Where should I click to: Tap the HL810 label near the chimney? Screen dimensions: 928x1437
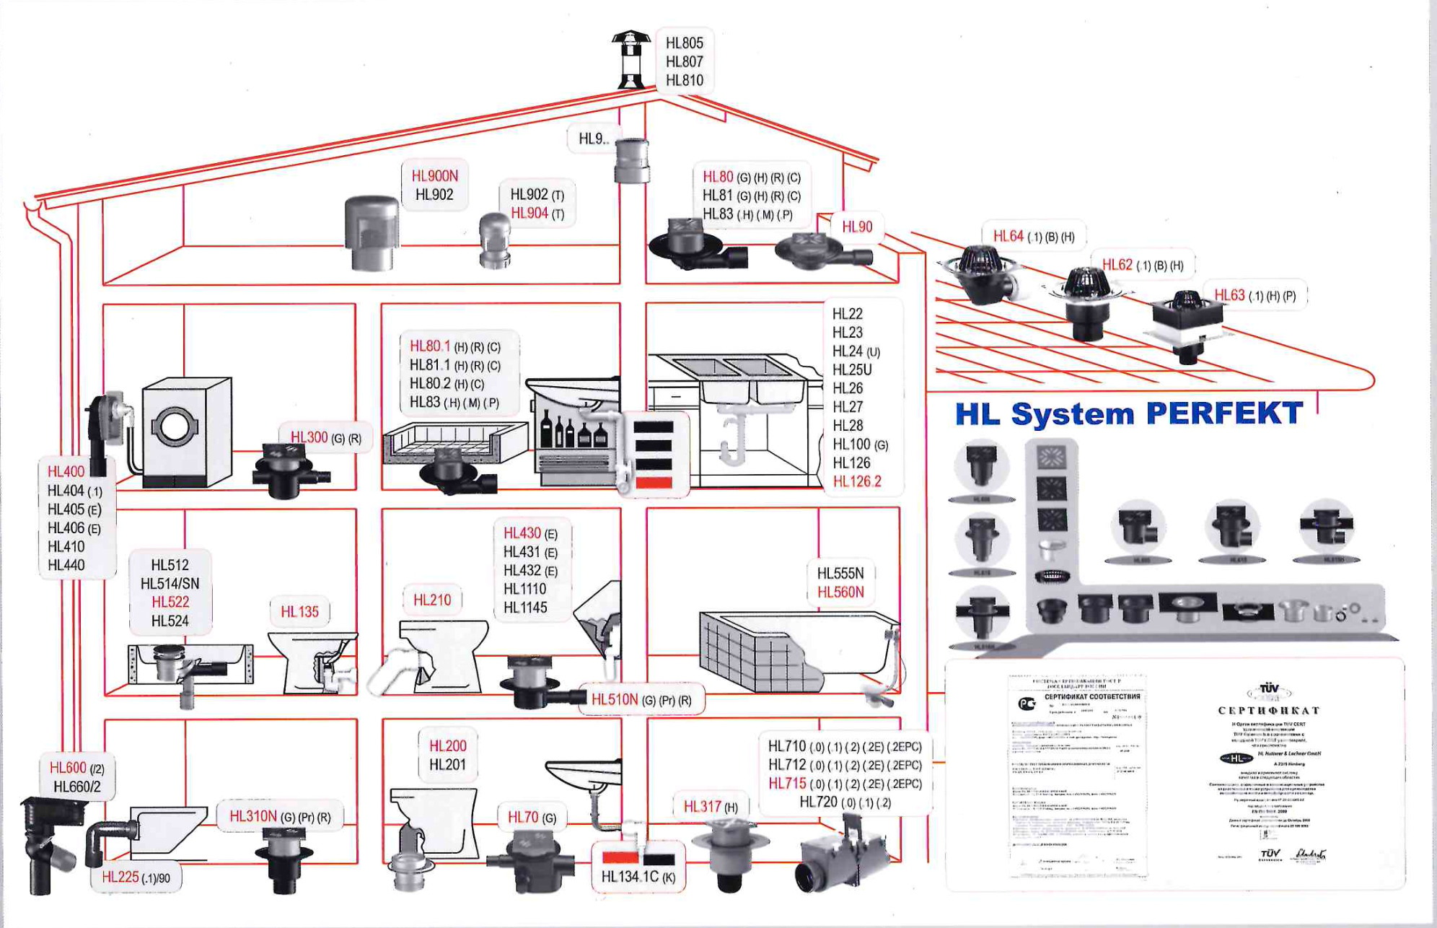[x=684, y=81]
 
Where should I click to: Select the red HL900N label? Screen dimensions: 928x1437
[x=434, y=176]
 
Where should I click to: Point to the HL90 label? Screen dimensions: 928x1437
[x=857, y=227]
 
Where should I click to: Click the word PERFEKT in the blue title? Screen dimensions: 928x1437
[x=1223, y=414]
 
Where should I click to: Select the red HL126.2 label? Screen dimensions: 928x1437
[x=857, y=482]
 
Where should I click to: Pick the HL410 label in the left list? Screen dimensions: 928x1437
[x=66, y=547]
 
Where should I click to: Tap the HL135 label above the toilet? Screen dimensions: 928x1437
[x=299, y=612]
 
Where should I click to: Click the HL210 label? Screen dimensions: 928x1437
[x=431, y=600]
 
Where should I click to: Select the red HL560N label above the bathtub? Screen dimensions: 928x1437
[x=840, y=592]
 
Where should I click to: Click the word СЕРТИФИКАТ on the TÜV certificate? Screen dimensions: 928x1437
[x=1269, y=711]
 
